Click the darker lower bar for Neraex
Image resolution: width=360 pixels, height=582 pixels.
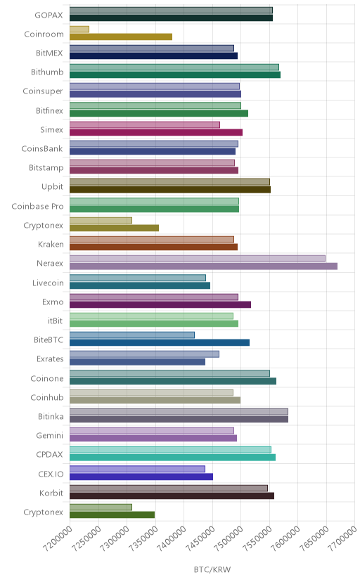pyautogui.click(x=203, y=266)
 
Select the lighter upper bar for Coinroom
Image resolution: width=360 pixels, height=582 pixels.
pyautogui.click(x=79, y=29)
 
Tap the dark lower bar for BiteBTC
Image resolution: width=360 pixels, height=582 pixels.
pyautogui.click(x=160, y=342)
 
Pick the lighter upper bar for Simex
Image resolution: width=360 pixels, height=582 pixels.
pyautogui.click(x=145, y=124)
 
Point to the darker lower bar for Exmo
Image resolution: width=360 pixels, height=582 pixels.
pyautogui.click(x=160, y=305)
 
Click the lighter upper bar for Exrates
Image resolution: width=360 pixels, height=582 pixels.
pyautogui.click(x=144, y=354)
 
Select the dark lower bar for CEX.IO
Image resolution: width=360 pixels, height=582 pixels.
pyautogui.click(x=141, y=477)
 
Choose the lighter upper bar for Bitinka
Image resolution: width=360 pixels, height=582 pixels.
pyautogui.click(x=179, y=412)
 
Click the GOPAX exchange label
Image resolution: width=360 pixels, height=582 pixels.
pyautogui.click(x=49, y=15)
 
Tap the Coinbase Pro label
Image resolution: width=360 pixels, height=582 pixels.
pyautogui.click(x=37, y=207)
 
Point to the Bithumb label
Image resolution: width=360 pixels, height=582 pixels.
pyautogui.click(x=47, y=72)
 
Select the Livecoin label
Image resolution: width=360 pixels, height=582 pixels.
pyautogui.click(x=48, y=283)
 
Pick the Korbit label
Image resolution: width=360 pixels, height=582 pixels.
pyautogui.click(x=51, y=493)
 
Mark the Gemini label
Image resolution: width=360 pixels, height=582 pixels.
pyautogui.click(x=50, y=436)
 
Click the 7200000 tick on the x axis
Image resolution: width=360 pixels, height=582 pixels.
pyautogui.click(x=57, y=538)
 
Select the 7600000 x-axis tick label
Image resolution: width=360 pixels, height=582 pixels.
pyautogui.click(x=285, y=538)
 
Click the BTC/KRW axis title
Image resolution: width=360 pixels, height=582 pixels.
pyautogui.click(x=212, y=570)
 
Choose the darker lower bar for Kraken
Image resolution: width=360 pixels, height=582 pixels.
pyautogui.click(x=154, y=247)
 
